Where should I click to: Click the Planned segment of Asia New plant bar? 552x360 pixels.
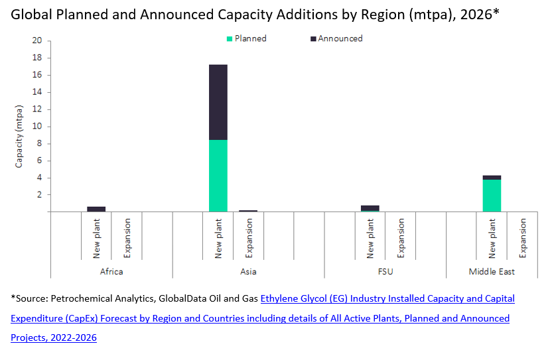tap(218, 176)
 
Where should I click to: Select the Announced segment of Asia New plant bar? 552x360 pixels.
tap(218, 102)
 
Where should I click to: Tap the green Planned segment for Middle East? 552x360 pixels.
tap(492, 196)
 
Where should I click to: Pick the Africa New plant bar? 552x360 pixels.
tap(96, 209)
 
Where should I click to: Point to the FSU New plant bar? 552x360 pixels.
tap(370, 208)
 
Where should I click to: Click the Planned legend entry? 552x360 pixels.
tap(246, 38)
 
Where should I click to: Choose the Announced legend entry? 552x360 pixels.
tap(336, 38)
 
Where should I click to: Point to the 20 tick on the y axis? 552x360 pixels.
tap(37, 41)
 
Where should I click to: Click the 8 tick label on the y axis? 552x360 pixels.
tap(39, 144)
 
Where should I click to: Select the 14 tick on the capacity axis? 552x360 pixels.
tap(37, 92)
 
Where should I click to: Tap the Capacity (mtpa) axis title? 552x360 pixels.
tap(20, 135)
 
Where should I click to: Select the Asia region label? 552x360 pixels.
tap(248, 272)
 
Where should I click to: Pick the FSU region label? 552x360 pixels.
tap(385, 272)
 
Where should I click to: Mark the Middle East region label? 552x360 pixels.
tap(492, 272)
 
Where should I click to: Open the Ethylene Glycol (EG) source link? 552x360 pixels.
tap(387, 299)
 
